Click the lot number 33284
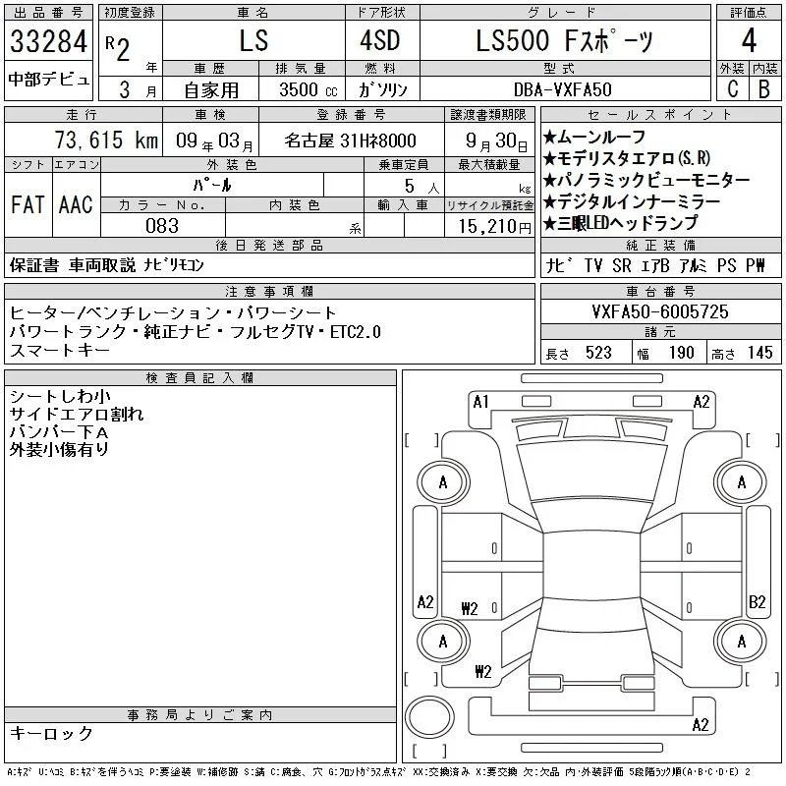pyautogui.click(x=48, y=41)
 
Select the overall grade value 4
pyautogui.click(x=749, y=40)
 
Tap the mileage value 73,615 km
pyautogui.click(x=106, y=140)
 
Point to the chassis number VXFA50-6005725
pyautogui.click(x=659, y=311)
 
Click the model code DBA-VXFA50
pyautogui.click(x=562, y=89)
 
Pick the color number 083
pyautogui.click(x=162, y=226)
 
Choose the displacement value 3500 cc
pyautogui.click(x=309, y=89)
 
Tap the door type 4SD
pyautogui.click(x=380, y=40)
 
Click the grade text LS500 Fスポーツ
pyautogui.click(x=564, y=40)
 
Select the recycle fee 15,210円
pyautogui.click(x=495, y=227)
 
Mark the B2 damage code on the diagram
pyautogui.click(x=757, y=601)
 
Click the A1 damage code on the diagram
pyautogui.click(x=480, y=402)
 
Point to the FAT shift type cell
pyautogui.click(x=28, y=205)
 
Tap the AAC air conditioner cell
pyautogui.click(x=76, y=205)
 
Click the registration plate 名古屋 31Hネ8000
pyautogui.click(x=350, y=140)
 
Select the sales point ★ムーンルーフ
pyautogui.click(x=594, y=137)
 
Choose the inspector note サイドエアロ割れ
pyautogui.click(x=77, y=414)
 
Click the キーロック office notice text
pyautogui.click(x=51, y=733)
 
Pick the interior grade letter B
pyautogui.click(x=764, y=89)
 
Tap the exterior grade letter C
pyautogui.click(x=732, y=89)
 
